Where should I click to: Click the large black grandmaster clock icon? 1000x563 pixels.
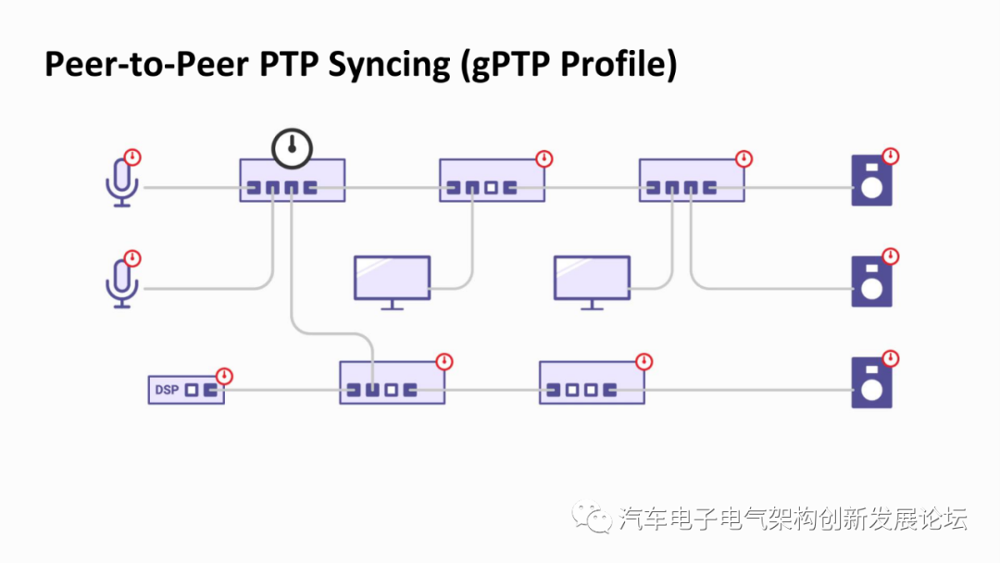[292, 148]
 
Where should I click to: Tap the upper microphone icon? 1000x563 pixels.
[122, 181]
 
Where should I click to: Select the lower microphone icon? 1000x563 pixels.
[122, 283]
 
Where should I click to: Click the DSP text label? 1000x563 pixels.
[167, 390]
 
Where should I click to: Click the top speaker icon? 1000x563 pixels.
[872, 181]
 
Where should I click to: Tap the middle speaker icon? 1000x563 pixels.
[872, 281]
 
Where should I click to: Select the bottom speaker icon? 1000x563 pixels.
[872, 382]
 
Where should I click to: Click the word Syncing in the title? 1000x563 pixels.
[388, 65]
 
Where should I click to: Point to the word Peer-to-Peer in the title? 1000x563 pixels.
[146, 64]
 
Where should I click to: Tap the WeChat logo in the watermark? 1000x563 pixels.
[592, 517]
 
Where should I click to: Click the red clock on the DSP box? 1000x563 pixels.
[224, 376]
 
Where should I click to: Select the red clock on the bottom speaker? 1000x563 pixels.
[891, 358]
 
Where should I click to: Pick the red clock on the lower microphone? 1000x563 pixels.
[132, 258]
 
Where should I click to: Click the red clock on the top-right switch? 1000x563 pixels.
[744, 158]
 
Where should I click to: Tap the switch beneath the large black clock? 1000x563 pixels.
[292, 181]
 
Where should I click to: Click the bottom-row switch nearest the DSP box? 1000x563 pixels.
[393, 382]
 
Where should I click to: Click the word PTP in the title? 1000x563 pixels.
[288, 64]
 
